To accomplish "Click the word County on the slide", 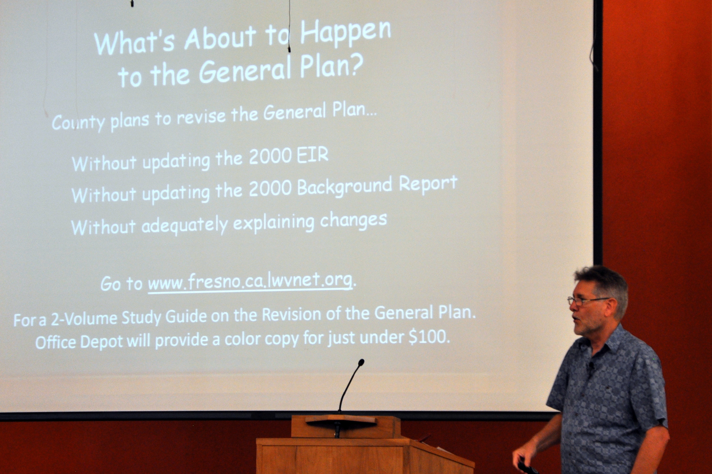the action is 78,122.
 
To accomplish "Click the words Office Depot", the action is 79,342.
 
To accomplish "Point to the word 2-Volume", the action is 84,319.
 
